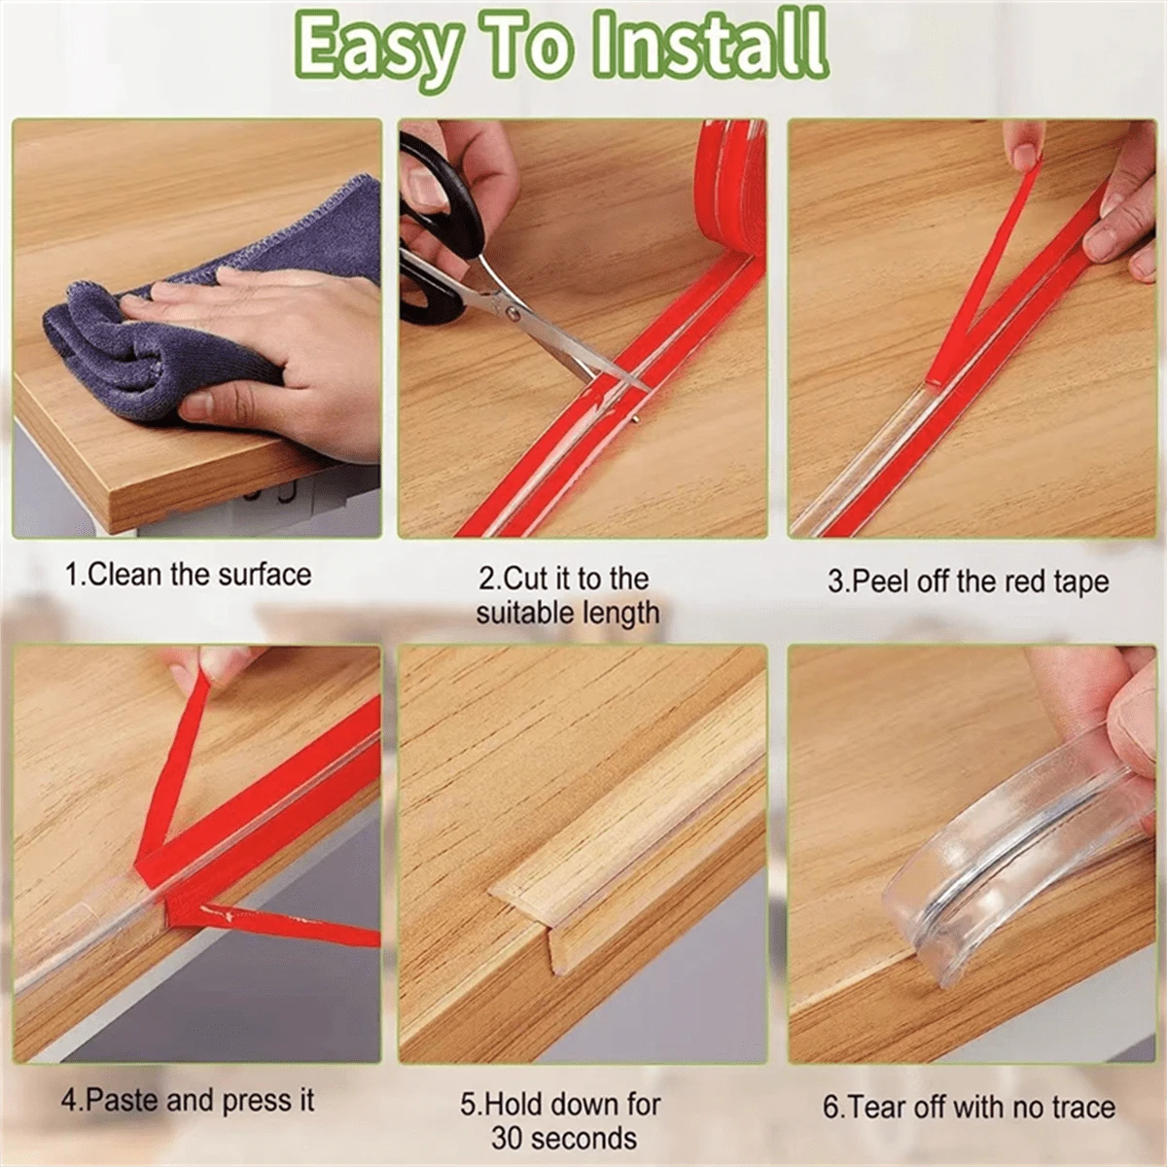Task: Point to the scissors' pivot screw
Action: [513, 313]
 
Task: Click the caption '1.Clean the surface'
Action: [189, 575]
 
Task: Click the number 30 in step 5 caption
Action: [508, 1138]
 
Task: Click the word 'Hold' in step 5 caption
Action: [509, 1104]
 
